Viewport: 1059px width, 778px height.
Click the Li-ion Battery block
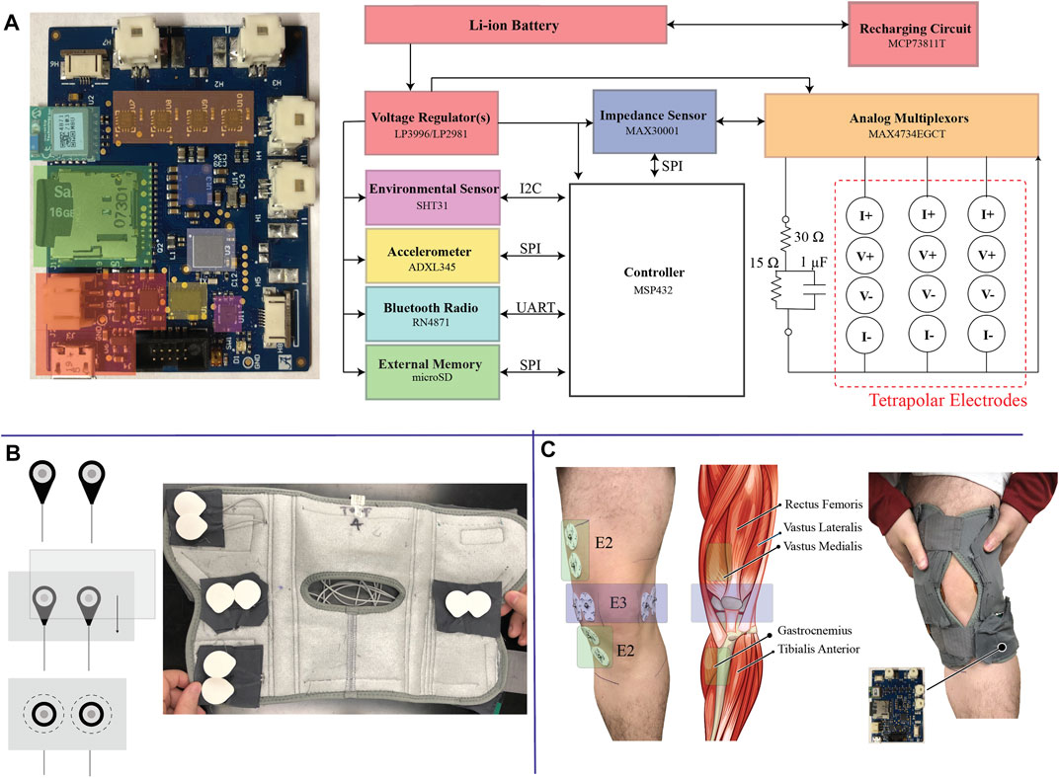(515, 24)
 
